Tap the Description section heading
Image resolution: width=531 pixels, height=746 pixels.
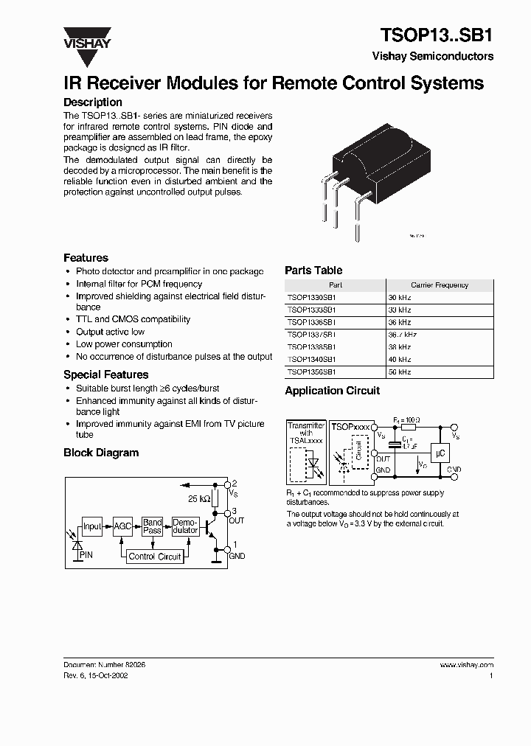coord(93,102)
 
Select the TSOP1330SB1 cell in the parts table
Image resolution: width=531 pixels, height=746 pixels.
coord(312,297)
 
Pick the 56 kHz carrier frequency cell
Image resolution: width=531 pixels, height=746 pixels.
coord(400,372)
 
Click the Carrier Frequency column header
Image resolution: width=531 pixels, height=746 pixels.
coord(440,285)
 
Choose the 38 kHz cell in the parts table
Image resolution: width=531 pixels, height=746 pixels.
coord(400,347)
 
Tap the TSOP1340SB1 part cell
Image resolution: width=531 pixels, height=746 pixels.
coord(312,360)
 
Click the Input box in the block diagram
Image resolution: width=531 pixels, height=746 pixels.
coord(92,526)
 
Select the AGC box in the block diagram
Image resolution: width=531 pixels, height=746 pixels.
coord(122,526)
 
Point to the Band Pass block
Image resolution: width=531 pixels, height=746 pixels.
coord(153,526)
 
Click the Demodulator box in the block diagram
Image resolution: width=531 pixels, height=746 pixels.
coord(185,526)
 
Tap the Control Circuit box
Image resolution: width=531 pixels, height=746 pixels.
coord(155,557)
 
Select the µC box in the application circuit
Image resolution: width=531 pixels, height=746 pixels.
coord(440,454)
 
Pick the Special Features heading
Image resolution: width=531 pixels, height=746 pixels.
coord(105,374)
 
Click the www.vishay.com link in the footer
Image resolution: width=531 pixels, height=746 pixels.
coord(466,665)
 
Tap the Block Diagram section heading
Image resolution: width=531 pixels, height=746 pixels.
coord(101,453)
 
